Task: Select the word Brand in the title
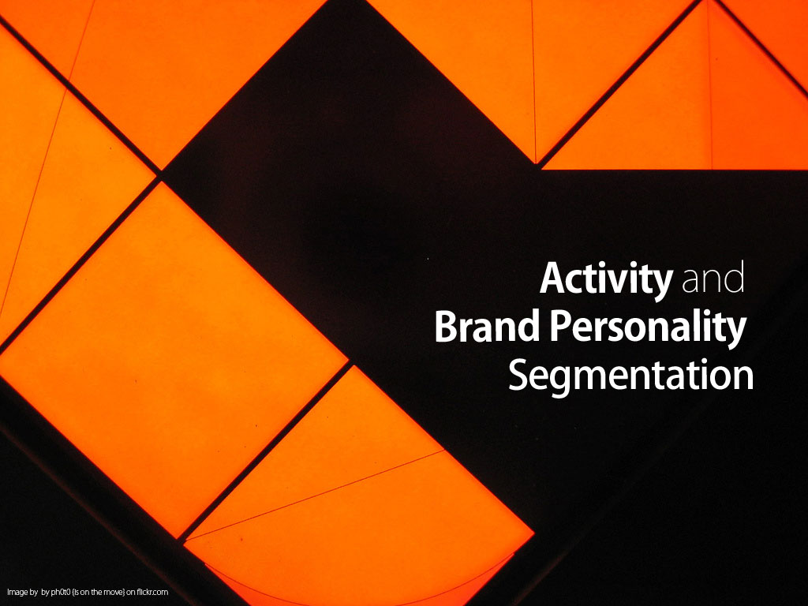[487, 326]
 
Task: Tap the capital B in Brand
[447, 326]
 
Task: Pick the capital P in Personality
[561, 326]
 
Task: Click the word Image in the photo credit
[17, 592]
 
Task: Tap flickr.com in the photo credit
[152, 592]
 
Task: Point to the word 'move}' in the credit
[114, 592]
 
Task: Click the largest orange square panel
[173, 360]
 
